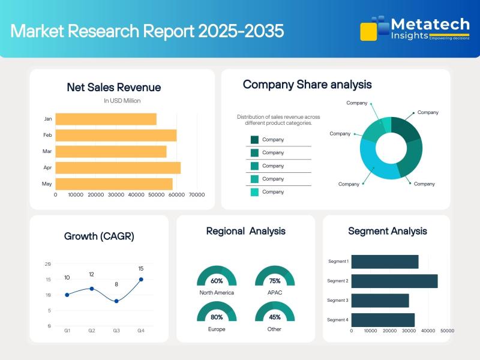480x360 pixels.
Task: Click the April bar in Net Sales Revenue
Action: (x=118, y=168)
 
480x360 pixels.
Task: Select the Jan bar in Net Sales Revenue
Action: (x=106, y=119)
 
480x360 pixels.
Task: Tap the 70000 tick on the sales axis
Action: (x=197, y=194)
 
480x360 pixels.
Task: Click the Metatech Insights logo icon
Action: (x=373, y=28)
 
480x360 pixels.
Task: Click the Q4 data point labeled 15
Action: (x=141, y=279)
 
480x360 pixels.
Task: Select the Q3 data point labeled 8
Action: (x=116, y=301)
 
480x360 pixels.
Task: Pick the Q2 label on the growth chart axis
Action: (x=92, y=331)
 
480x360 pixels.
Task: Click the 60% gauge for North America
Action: (x=217, y=277)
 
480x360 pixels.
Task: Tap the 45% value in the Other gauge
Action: (x=275, y=317)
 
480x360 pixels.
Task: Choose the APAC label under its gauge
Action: (x=275, y=293)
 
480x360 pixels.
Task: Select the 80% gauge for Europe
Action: (x=217, y=314)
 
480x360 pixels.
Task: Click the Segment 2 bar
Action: (x=394, y=281)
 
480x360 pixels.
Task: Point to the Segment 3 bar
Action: (x=380, y=301)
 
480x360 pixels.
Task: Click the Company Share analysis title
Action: (x=307, y=85)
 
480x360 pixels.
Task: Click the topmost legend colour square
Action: (x=254, y=140)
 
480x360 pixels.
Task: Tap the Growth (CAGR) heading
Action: (x=99, y=236)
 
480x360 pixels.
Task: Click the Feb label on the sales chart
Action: (x=47, y=136)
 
